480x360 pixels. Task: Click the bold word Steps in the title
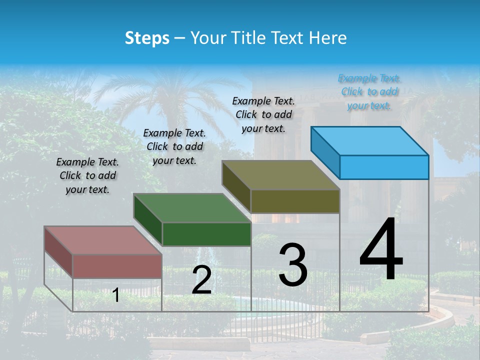coord(147,38)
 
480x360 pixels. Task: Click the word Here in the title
coord(328,38)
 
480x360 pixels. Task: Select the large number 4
coord(381,250)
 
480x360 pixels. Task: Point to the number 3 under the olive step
coord(293,265)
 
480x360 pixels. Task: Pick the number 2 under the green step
coord(201,280)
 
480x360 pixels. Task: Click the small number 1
coord(115,295)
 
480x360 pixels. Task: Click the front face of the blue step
coord(384,167)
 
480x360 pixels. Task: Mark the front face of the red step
coord(117,266)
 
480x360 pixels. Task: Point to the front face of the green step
coord(206,234)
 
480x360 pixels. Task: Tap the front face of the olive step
coord(295,201)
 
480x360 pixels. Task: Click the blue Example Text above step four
coord(369,91)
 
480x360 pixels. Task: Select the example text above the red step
coord(87,175)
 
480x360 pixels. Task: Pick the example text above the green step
coord(174,146)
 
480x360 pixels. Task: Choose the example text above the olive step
coord(263,114)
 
